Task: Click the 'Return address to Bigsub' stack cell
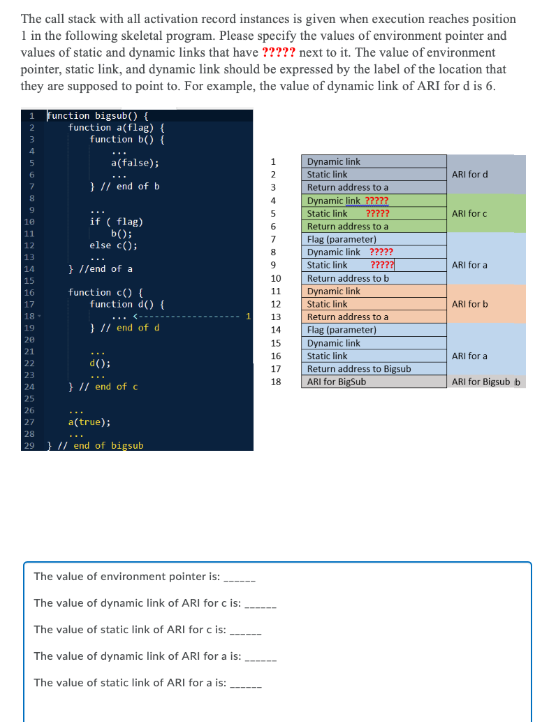[x=359, y=368]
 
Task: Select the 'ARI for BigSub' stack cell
[x=337, y=382]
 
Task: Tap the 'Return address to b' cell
[x=348, y=278]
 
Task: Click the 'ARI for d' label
[x=470, y=174]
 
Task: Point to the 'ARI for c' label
[x=470, y=213]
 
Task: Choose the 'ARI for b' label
[x=470, y=304]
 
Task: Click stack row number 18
[x=275, y=382]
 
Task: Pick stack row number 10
[x=275, y=278]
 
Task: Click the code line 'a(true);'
[x=89, y=422]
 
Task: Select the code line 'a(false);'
[x=135, y=163]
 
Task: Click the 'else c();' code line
[x=113, y=245]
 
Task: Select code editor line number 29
[x=29, y=446]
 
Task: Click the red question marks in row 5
[x=378, y=213]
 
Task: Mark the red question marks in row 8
[x=381, y=252]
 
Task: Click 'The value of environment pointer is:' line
[x=126, y=577]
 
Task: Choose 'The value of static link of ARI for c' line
[x=129, y=630]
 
